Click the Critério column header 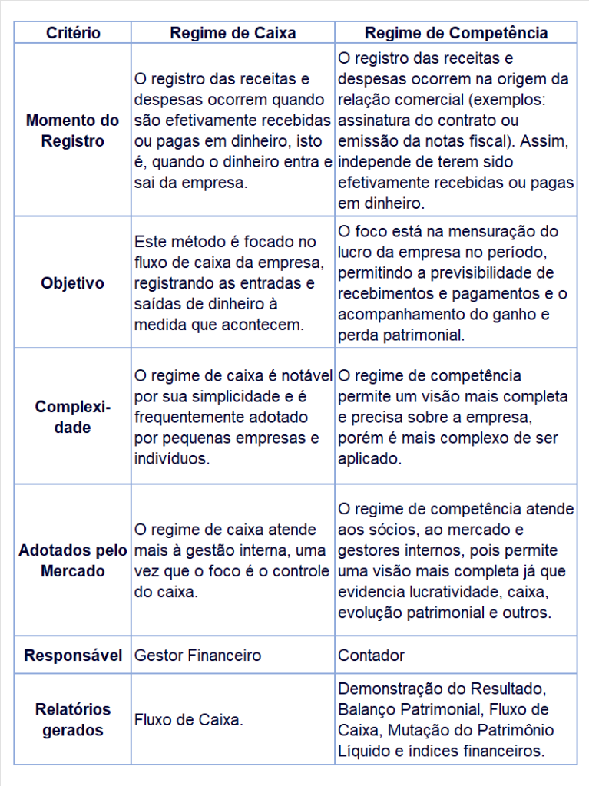pos(73,33)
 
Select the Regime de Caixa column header pos(233,33)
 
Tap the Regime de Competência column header pos(456,33)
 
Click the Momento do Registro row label pos(73,130)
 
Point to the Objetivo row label pos(73,283)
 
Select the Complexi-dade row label pos(73,417)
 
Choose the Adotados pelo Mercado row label pos(73,561)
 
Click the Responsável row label pos(73,656)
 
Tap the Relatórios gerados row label pos(73,719)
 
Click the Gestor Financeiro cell pos(198,656)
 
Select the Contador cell pos(371,656)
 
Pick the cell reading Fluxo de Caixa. pos(189,720)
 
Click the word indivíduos pos(170,459)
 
